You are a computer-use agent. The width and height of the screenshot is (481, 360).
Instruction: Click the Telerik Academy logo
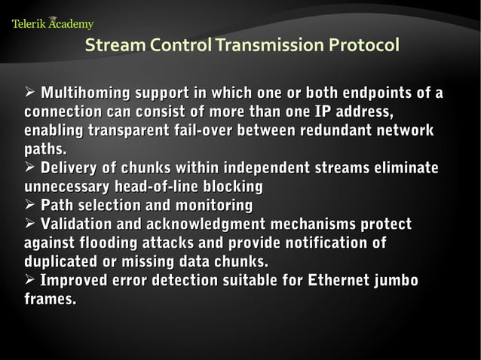coord(52,23)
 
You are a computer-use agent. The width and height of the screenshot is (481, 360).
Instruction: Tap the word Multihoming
coord(85,94)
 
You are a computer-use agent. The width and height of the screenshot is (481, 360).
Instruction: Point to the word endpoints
coord(377,94)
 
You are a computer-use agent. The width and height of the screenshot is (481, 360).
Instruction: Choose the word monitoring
coord(213,206)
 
